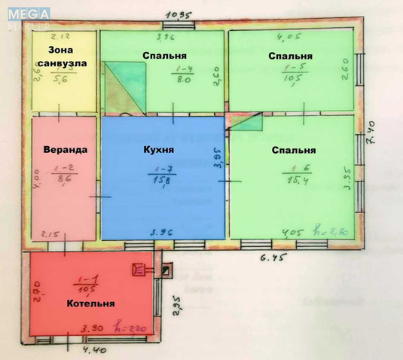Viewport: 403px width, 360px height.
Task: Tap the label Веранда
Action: pos(66,149)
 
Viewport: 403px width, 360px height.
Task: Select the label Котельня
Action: pos(90,304)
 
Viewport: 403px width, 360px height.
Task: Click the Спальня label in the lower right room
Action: pos(294,149)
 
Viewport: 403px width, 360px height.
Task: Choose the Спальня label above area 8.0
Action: pos(165,56)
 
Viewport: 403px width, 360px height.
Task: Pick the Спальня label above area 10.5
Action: pos(290,56)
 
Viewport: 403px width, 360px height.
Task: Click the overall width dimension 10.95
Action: pos(177,14)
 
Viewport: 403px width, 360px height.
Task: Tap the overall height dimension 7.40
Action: pos(371,140)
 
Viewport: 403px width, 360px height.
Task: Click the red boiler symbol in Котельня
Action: pos(139,269)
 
